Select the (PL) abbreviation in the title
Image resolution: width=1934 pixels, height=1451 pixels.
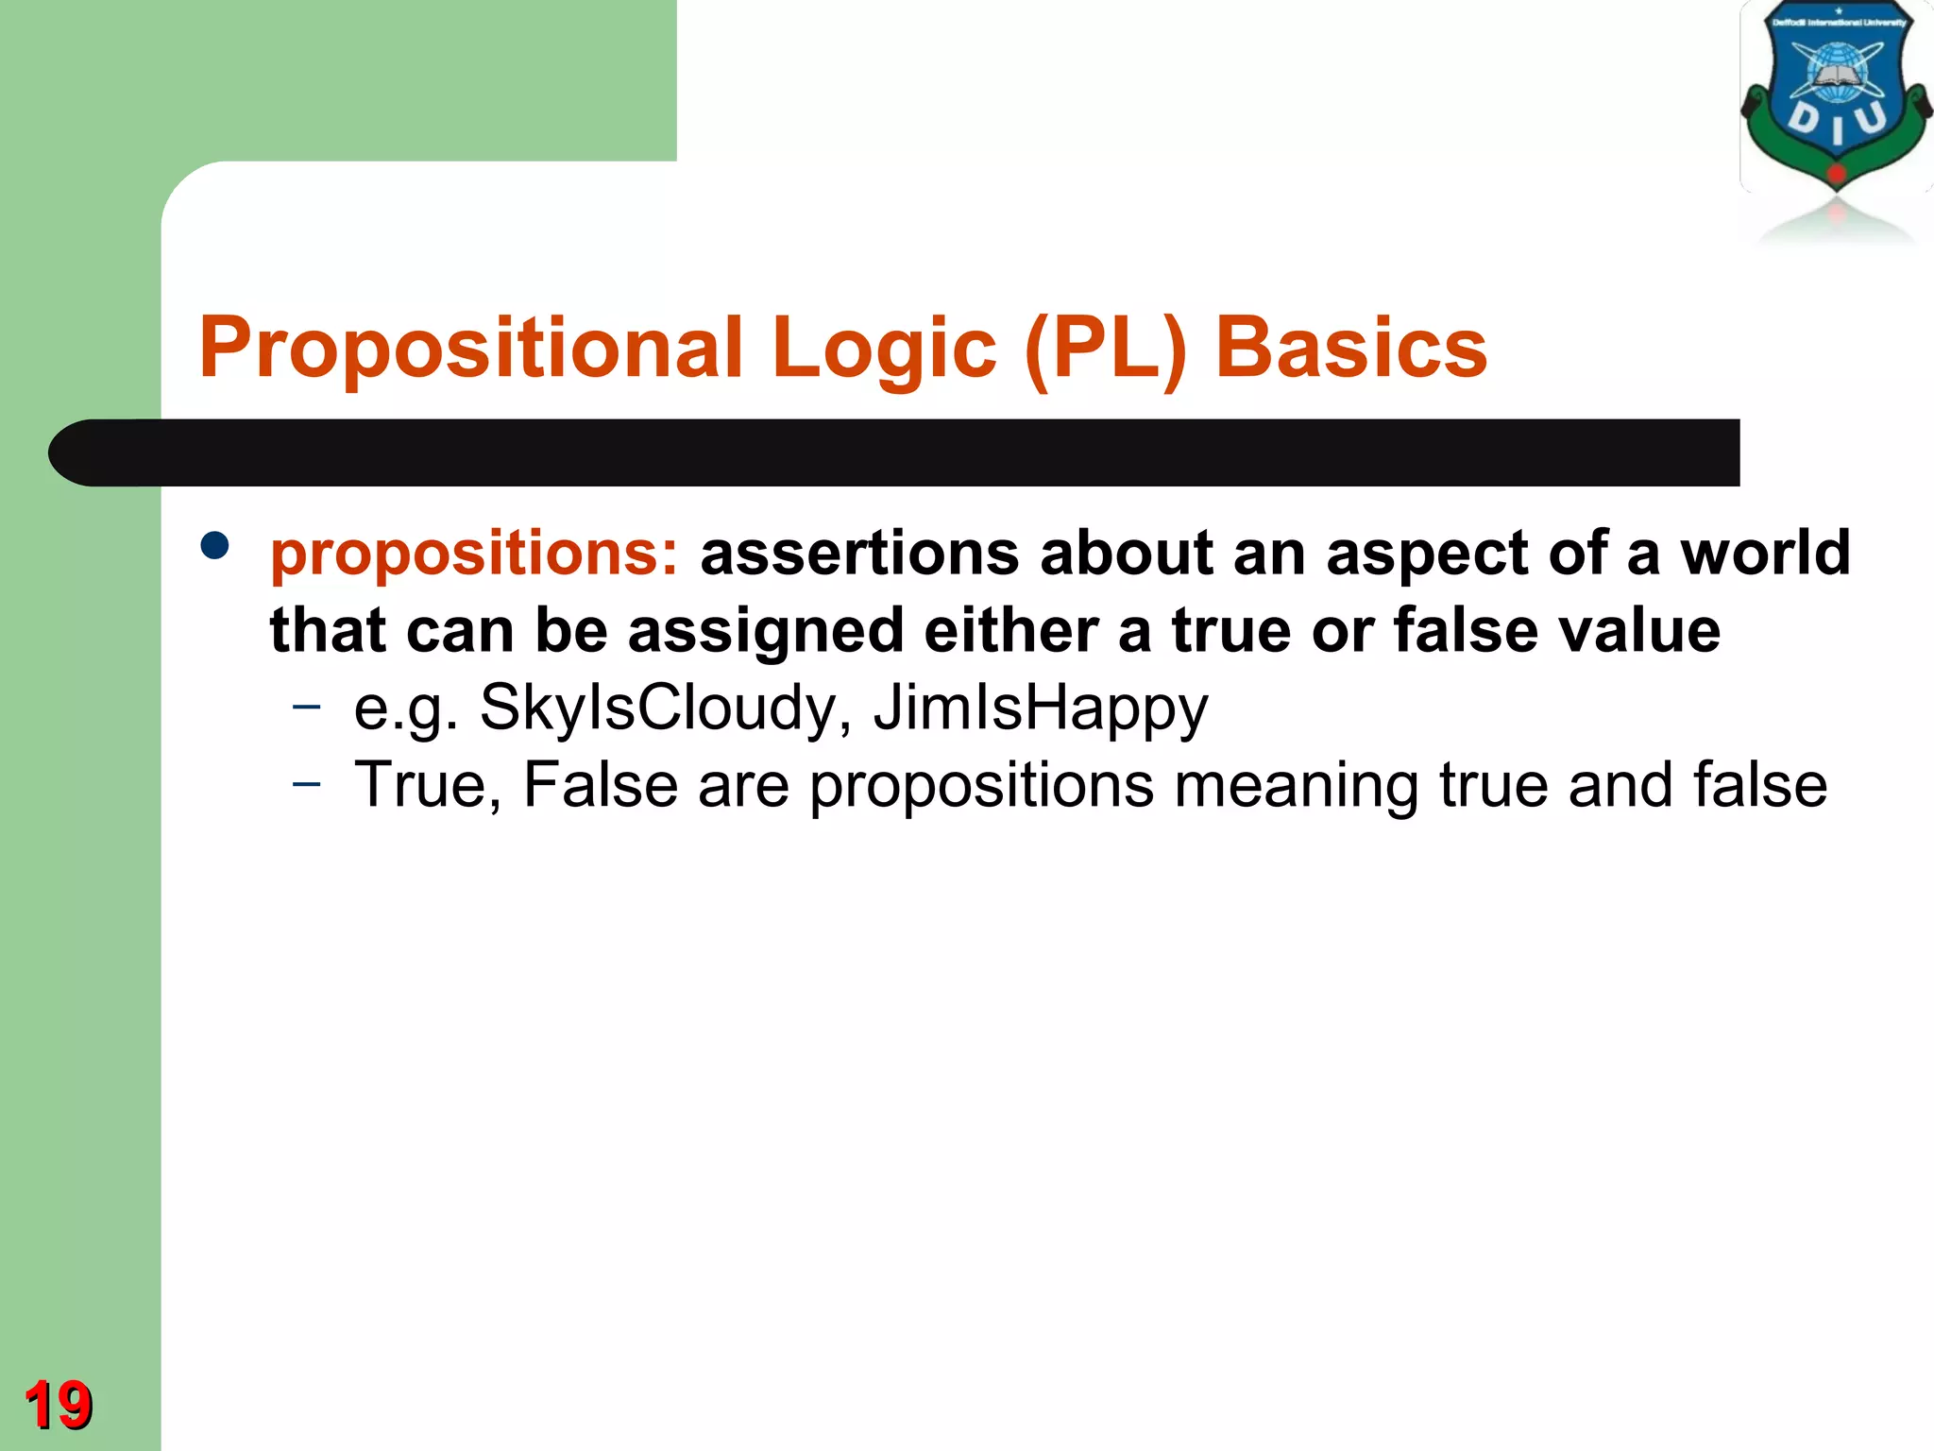point(1105,348)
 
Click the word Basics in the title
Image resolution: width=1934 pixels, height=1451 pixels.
point(1350,348)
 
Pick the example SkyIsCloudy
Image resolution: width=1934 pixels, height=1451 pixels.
point(657,708)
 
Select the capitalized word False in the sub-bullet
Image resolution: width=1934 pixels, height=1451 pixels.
point(601,785)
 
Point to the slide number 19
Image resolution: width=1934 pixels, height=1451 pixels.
point(59,1405)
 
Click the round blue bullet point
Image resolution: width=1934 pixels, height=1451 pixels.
point(215,546)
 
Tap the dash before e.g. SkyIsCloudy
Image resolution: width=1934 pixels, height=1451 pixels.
point(306,706)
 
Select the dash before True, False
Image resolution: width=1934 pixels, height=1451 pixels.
point(306,783)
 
